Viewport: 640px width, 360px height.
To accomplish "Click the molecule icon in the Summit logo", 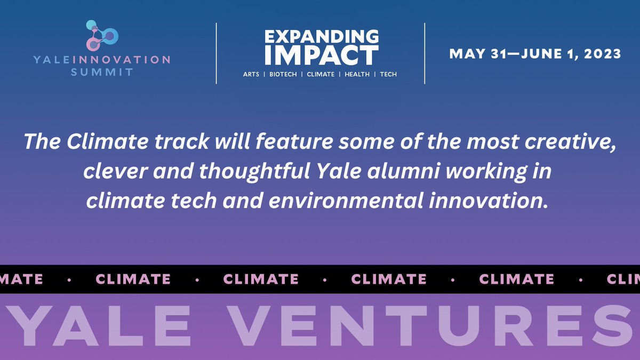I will tap(101, 36).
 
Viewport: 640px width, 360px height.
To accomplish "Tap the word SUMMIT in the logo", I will tap(101, 72).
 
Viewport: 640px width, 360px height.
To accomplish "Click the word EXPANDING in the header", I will tap(322, 37).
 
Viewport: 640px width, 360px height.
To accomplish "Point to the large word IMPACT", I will tap(322, 55).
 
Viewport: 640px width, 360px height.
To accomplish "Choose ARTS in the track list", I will tap(251, 75).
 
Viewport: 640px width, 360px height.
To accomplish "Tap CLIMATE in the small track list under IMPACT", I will tap(321, 75).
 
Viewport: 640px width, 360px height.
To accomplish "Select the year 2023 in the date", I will tap(602, 54).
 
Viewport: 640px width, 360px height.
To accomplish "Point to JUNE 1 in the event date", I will tap(539, 54).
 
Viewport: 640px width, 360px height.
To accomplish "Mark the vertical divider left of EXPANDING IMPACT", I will tap(216, 53).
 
